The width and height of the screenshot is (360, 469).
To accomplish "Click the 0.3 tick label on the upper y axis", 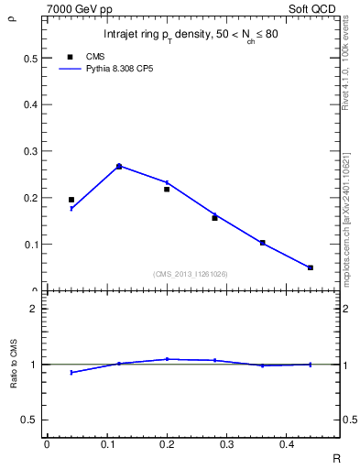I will point(29,151).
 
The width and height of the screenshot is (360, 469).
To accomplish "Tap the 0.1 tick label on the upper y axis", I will point(29,245).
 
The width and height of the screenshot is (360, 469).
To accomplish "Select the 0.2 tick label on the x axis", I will point(167,444).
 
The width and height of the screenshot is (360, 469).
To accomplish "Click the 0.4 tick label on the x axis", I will point(287,444).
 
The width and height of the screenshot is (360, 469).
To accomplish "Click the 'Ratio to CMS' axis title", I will point(15,365).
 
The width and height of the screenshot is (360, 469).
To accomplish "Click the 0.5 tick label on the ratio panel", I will point(29,420).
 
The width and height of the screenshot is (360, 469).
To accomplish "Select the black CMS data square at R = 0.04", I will point(71,199).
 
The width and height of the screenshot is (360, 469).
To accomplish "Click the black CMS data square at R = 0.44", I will point(311,267).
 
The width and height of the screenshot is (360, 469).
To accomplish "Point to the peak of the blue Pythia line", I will point(119,166).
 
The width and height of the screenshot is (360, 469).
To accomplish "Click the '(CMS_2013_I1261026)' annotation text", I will point(191,274).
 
